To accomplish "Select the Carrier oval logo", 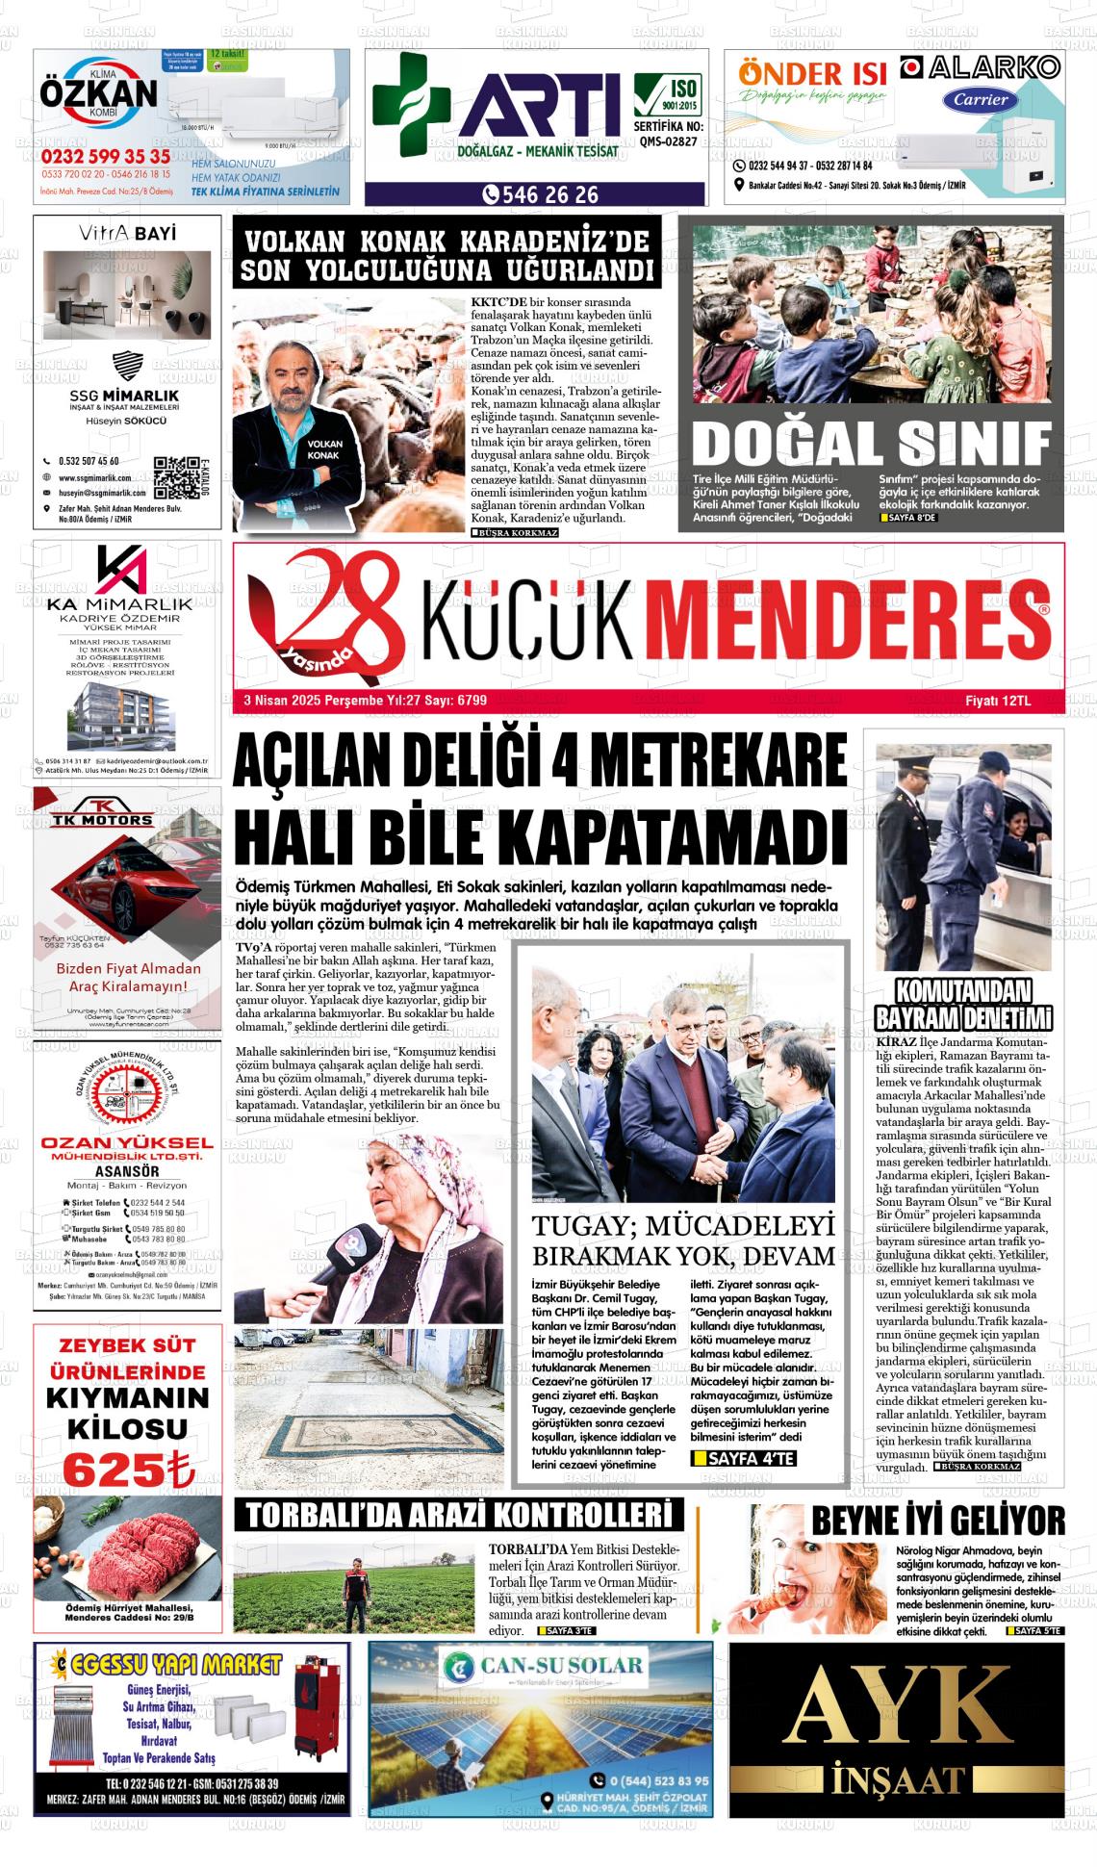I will [981, 98].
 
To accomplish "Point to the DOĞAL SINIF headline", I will [871, 443].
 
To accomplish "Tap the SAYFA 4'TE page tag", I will [744, 1459].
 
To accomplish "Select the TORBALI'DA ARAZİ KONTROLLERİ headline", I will [459, 1515].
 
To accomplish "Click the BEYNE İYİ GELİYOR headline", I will [938, 1522].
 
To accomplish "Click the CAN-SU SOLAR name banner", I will [540, 1666].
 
